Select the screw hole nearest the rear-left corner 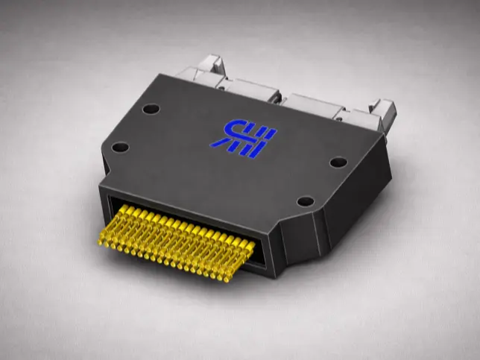click(151, 109)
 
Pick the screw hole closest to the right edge click(337, 162)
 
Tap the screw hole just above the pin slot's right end click(304, 201)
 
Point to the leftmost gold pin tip click(102, 239)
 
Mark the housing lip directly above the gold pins click(186, 204)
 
